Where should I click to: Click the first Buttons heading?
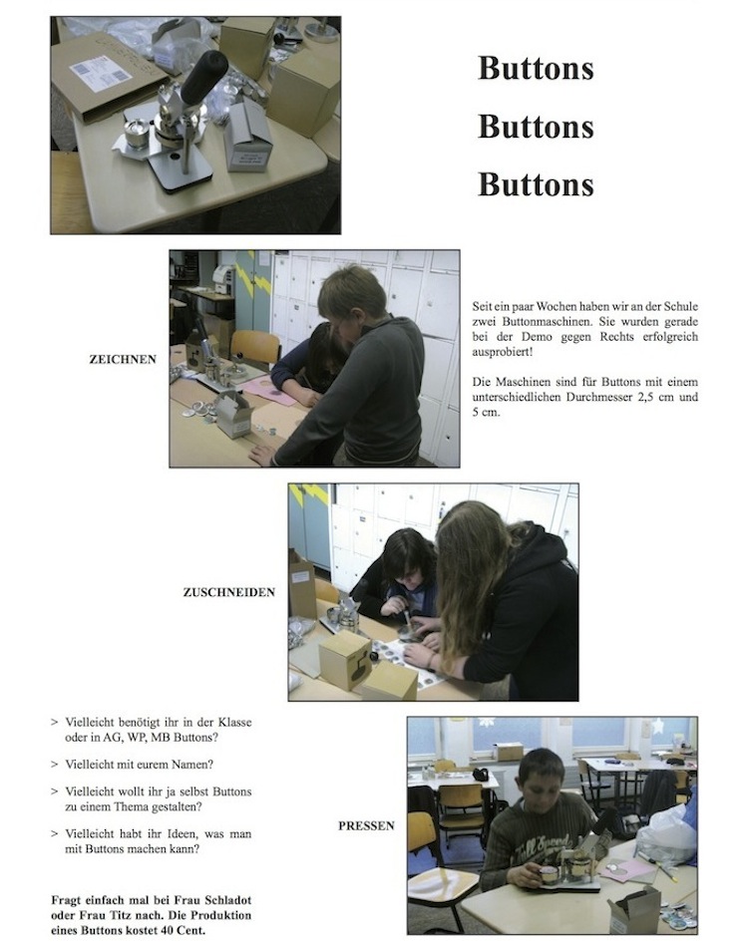(x=536, y=68)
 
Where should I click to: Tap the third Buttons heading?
(x=536, y=184)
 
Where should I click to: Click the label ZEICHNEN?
(x=123, y=359)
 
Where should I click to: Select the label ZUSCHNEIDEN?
(x=228, y=592)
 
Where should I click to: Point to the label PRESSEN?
(x=366, y=825)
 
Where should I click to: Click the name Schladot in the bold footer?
(x=222, y=899)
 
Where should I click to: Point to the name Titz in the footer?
(x=123, y=914)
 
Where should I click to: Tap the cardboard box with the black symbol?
(x=344, y=660)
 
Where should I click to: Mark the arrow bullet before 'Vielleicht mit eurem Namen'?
(x=55, y=765)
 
